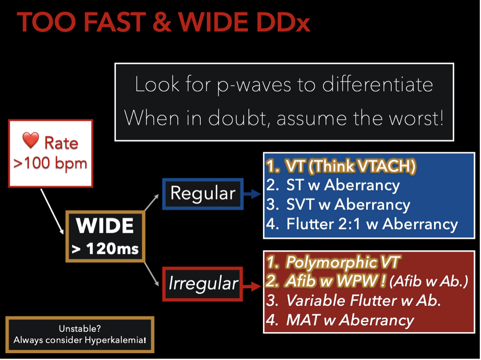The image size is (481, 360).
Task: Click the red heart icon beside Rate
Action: pos(31,140)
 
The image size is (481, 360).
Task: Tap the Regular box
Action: pos(203,194)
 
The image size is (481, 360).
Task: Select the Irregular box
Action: pos(203,284)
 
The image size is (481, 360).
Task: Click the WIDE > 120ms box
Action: pos(105,236)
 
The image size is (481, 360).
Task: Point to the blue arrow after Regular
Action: pos(252,194)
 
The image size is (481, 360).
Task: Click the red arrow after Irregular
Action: pos(252,286)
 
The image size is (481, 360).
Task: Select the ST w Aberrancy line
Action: pos(333,185)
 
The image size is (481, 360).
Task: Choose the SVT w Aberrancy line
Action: pos(338,204)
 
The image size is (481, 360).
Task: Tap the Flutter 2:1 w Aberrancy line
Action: pos(362,224)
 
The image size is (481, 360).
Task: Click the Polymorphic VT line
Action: pos(333,262)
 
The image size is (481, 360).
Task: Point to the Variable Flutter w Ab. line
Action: pos(353,301)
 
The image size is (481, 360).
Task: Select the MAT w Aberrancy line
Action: pos(340,320)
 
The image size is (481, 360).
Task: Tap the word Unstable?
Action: pos(80,329)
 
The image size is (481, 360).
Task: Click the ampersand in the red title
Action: pos(161,22)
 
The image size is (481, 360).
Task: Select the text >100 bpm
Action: pos(50,163)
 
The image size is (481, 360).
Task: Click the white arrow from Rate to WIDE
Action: pos(52,212)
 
